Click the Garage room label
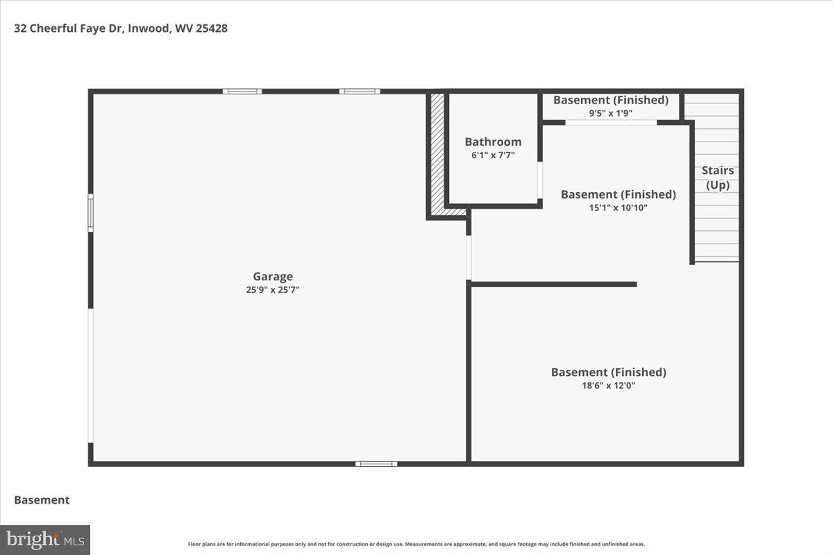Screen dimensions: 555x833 pos(272,276)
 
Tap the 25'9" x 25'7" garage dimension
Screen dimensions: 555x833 pos(272,290)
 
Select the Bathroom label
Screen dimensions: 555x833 pos(493,142)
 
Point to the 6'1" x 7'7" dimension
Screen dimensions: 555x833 pos(493,155)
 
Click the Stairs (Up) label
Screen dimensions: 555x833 pos(717,178)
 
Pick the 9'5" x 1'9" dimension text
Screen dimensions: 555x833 pos(610,113)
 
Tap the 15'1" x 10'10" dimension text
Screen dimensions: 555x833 pos(618,207)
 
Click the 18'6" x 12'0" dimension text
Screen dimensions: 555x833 pos(608,385)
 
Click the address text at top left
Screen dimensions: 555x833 pos(121,28)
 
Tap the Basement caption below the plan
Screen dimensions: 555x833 pos(42,499)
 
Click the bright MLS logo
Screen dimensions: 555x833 pos(45,539)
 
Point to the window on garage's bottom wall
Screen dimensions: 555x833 pos(376,463)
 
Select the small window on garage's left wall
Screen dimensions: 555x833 pos(90,212)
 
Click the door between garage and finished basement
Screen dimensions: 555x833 pos(469,257)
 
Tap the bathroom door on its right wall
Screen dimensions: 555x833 pos(540,180)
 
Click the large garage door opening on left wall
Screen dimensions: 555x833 pos(90,375)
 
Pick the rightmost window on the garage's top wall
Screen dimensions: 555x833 pos(359,91)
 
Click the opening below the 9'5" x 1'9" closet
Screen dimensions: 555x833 pos(611,123)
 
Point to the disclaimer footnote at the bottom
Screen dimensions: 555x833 pos(416,544)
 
